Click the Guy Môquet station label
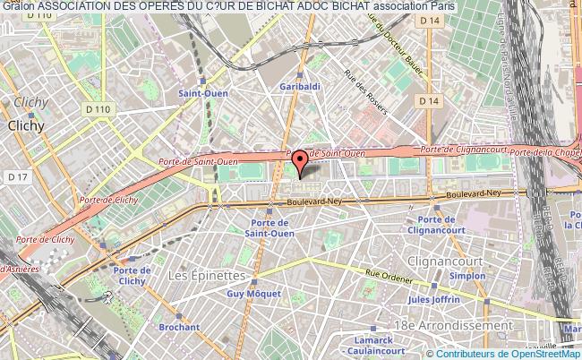[x=247, y=293]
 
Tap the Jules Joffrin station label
[x=433, y=299]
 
